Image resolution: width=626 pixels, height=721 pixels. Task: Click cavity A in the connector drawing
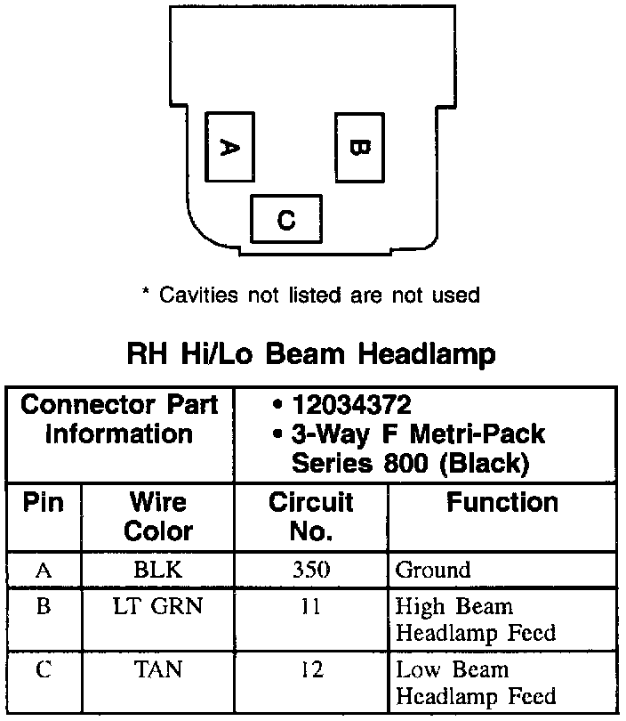tap(229, 148)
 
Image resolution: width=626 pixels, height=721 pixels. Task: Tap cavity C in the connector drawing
tap(285, 219)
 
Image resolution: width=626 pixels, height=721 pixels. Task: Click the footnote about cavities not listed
tap(310, 295)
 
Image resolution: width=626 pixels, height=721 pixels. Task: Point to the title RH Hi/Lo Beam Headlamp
tap(311, 354)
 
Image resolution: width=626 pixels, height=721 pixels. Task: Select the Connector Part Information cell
tap(119, 420)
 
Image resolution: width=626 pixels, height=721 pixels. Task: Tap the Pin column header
tap(44, 503)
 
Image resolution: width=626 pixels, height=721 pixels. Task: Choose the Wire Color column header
tap(158, 516)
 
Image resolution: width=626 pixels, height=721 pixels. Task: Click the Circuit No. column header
tap(311, 516)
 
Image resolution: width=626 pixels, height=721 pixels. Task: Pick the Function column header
tap(502, 503)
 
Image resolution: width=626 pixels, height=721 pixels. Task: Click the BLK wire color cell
tap(158, 570)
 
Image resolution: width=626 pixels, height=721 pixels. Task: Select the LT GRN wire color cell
tap(158, 607)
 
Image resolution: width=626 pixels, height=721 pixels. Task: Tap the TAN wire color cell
tap(158, 669)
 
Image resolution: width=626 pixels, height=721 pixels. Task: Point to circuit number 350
tap(311, 570)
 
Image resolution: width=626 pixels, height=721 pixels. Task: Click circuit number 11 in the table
tap(311, 607)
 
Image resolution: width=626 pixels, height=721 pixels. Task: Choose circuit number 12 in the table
tap(311, 669)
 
